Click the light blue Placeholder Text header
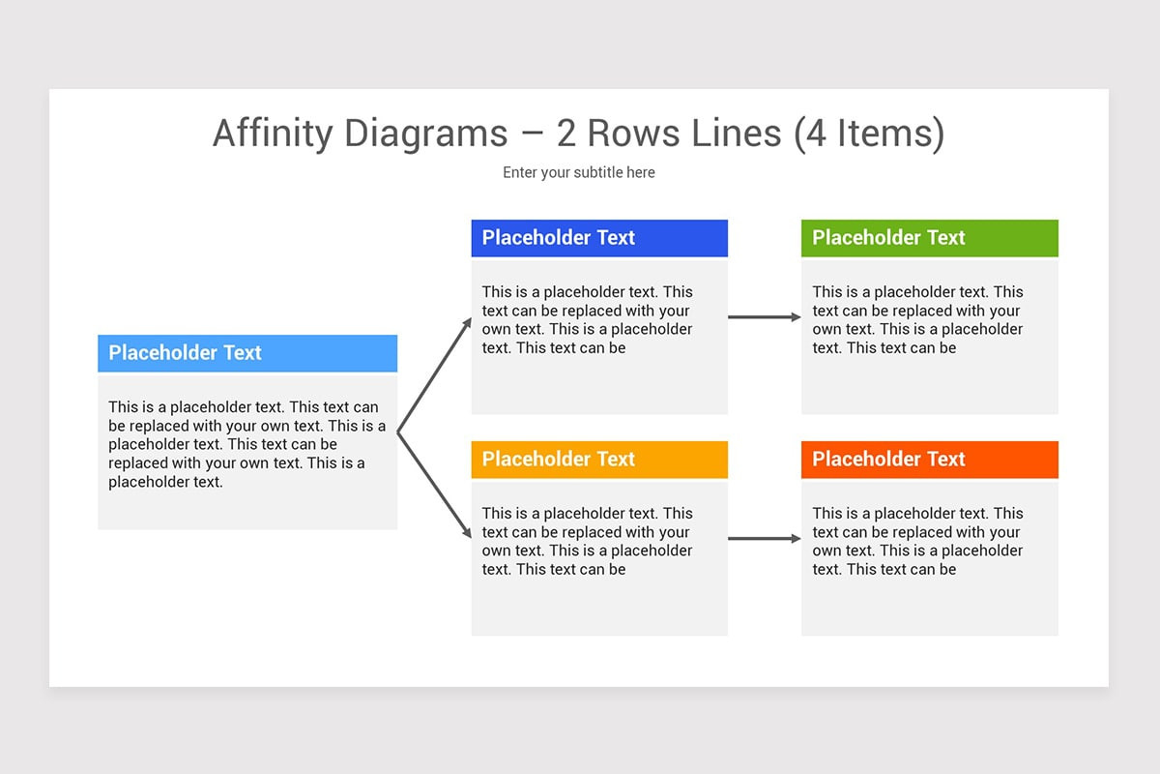pos(247,353)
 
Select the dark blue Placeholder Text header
pos(599,238)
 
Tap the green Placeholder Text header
pos(929,238)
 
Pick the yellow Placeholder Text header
pos(599,460)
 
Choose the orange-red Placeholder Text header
pos(929,460)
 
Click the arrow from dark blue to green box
pos(764,316)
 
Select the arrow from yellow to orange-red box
pos(764,538)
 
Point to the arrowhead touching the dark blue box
pos(468,321)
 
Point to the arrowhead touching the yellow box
pos(468,533)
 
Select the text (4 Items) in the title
pos(868,134)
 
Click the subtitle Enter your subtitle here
pos(579,172)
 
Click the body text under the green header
pos(917,319)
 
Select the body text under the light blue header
pos(246,444)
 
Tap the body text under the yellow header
pos(588,541)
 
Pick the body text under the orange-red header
pos(917,541)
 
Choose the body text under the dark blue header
pos(588,319)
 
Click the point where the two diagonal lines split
pos(398,432)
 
